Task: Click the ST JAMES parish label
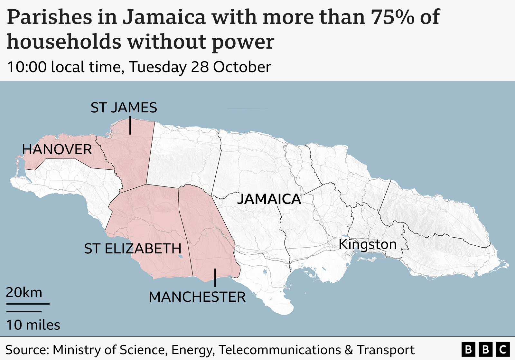[124, 108]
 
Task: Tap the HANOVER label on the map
[57, 150]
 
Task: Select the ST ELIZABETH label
[133, 249]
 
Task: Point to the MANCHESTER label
[197, 297]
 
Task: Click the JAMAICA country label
[269, 199]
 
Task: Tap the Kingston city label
[368, 244]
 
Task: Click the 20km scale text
[24, 293]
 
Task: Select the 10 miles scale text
[33, 325]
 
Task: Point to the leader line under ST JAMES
[130, 126]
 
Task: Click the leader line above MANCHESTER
[215, 278]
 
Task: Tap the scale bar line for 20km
[28, 304]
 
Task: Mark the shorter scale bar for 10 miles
[24, 312]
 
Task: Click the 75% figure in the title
[393, 17]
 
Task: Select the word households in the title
[64, 42]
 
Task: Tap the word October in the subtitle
[242, 67]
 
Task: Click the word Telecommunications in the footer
[279, 350]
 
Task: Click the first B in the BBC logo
[468, 350]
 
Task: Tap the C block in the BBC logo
[503, 350]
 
